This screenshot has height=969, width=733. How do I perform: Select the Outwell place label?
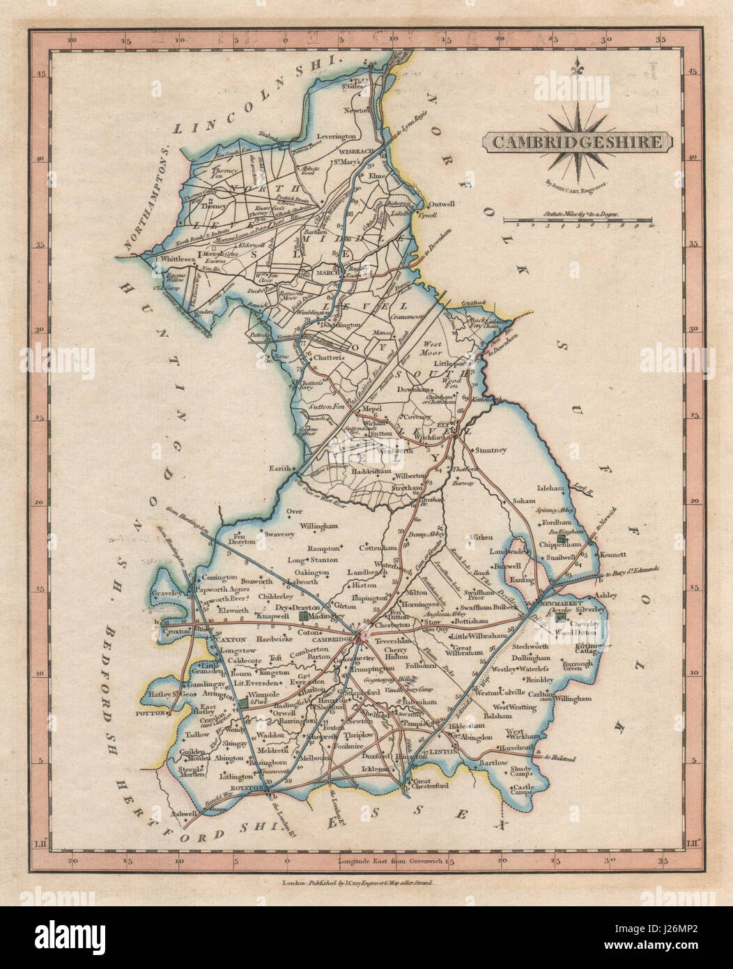[x=445, y=204]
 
